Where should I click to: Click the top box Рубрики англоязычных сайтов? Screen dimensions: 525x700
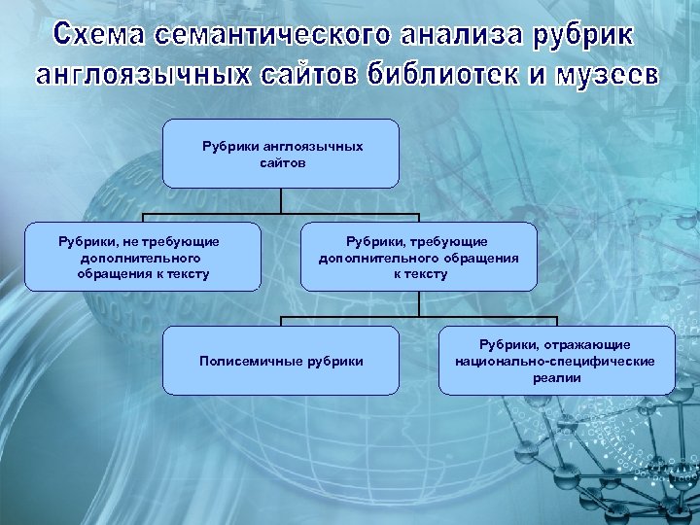pyautogui.click(x=281, y=153)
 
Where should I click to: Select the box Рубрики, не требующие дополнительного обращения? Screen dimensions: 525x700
pyautogui.click(x=143, y=257)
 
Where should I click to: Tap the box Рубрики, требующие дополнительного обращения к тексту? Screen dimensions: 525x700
pyautogui.click(x=419, y=257)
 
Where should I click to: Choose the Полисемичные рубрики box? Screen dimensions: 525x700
pyautogui.click(x=281, y=361)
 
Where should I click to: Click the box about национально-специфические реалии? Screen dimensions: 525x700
pyautogui.click(x=556, y=361)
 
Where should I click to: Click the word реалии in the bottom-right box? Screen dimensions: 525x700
pyautogui.click(x=556, y=378)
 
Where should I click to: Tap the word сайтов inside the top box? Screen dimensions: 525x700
pyautogui.click(x=282, y=162)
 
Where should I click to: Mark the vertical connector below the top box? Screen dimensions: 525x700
pyautogui.click(x=281, y=200)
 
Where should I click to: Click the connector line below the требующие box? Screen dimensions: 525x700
pyautogui.click(x=419, y=303)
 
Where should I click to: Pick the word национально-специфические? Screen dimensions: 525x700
pyautogui.click(x=556, y=361)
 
